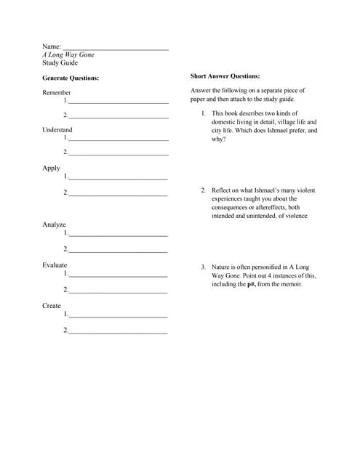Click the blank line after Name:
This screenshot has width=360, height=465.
click(x=116, y=48)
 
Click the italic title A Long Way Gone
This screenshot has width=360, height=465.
click(x=68, y=54)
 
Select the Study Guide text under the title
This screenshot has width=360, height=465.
click(x=60, y=62)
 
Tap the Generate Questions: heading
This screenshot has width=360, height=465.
click(x=71, y=78)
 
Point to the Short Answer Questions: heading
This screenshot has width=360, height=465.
click(x=225, y=76)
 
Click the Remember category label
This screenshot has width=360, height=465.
click(x=57, y=92)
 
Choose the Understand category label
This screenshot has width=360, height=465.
click(x=57, y=129)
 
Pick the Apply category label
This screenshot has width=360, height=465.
click(x=51, y=168)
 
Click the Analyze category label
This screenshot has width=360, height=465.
click(x=54, y=225)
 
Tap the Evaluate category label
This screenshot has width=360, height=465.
click(x=55, y=265)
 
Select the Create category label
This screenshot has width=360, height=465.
click(x=52, y=306)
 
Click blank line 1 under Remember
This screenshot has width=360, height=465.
click(x=119, y=102)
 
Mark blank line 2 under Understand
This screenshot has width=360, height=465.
click(x=119, y=154)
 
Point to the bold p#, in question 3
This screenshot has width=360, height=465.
click(x=252, y=285)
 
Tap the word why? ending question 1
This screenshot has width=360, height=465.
click(x=219, y=139)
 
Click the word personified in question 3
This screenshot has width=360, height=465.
click(x=264, y=267)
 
